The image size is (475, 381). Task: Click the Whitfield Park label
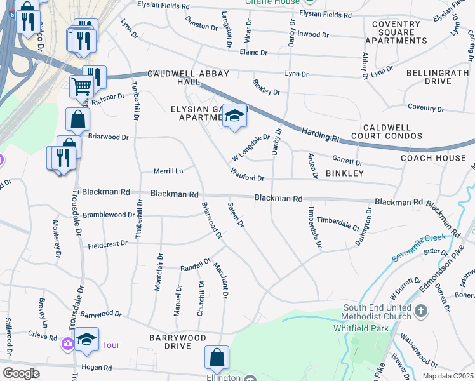pyautogui.click(x=359, y=328)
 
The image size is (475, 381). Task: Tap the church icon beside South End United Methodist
pyautogui.click(x=422, y=311)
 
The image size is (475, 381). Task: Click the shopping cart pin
pyautogui.click(x=81, y=86)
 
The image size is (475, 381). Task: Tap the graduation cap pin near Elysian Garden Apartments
pyautogui.click(x=234, y=116)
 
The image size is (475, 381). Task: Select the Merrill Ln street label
pyautogui.click(x=168, y=171)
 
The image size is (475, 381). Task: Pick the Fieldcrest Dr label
pyautogui.click(x=108, y=245)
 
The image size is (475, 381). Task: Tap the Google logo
pyautogui.click(x=21, y=373)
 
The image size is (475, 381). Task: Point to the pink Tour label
pyautogui.click(x=110, y=345)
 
